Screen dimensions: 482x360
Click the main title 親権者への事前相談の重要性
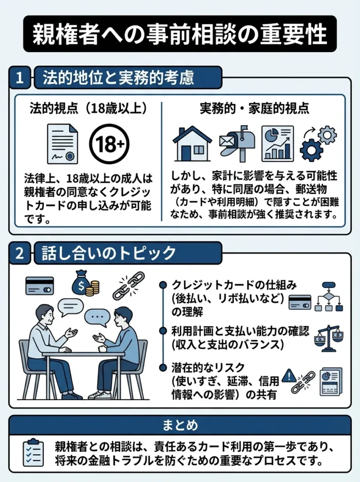tap(180, 34)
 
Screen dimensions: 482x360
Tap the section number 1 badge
tap(20, 78)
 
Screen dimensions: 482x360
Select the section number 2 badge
tap(20, 253)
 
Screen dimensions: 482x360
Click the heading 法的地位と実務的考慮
tap(118, 78)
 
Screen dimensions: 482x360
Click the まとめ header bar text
tap(180, 425)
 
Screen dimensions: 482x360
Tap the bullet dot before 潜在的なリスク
tap(163, 366)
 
